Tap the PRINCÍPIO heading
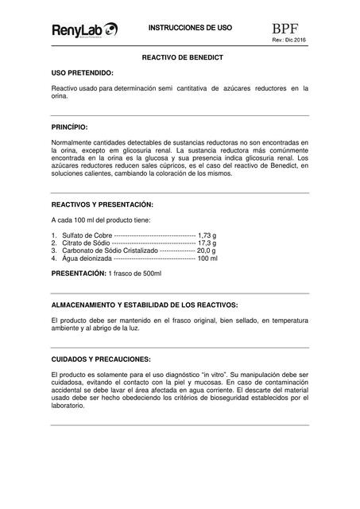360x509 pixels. tap(69, 127)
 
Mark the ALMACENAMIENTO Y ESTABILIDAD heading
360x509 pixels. tap(144, 305)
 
